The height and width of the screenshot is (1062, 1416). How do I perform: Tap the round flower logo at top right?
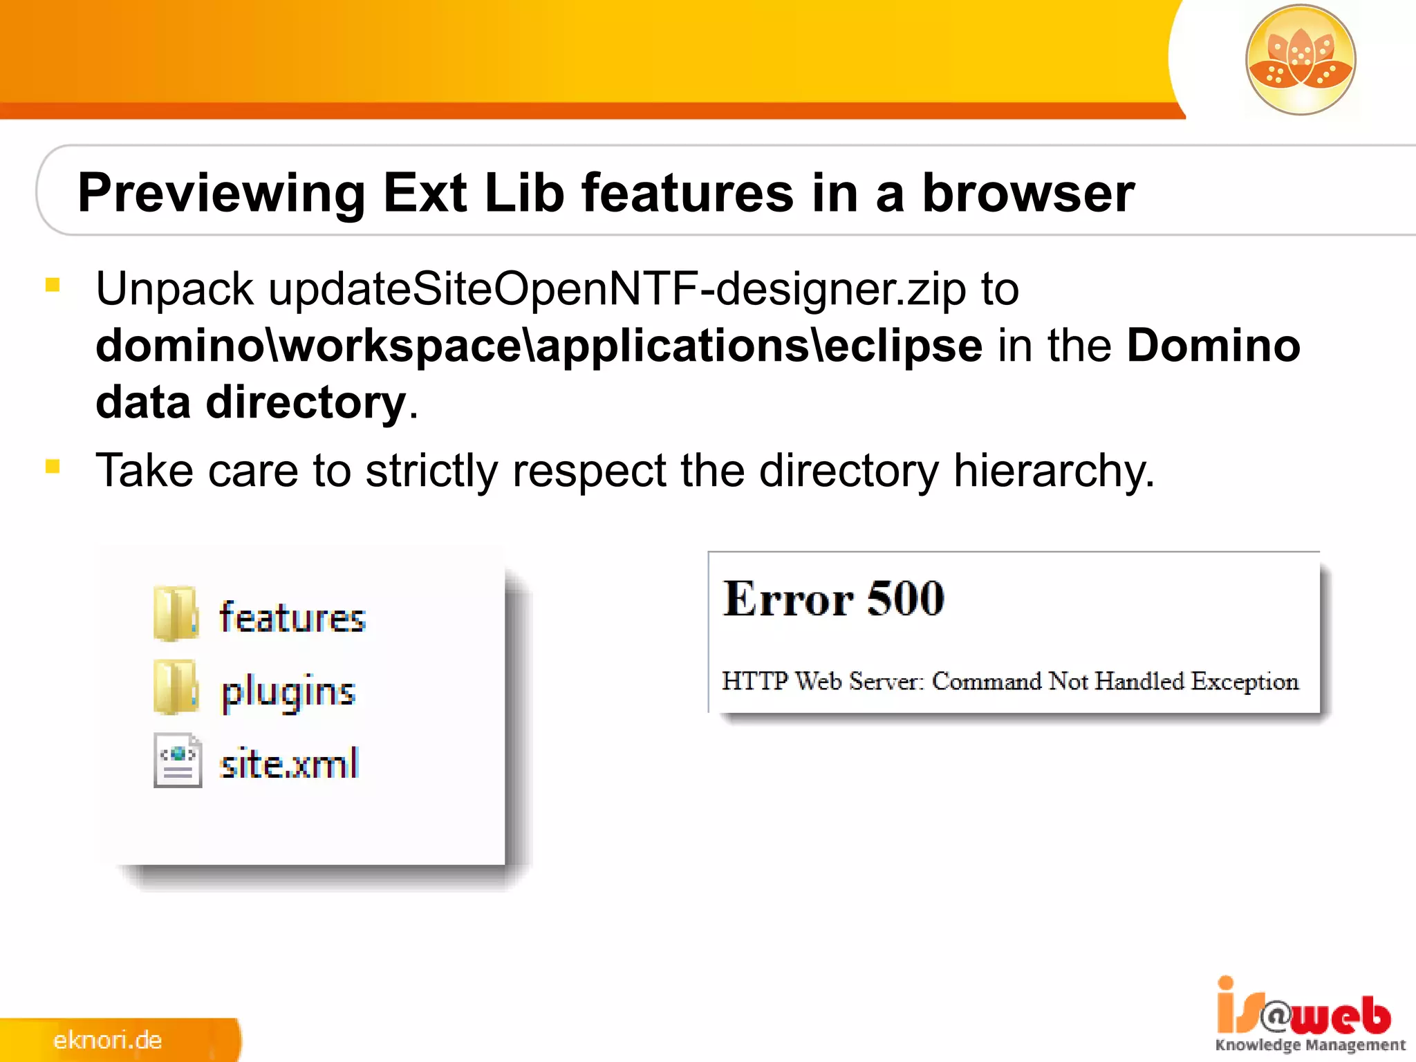point(1300,59)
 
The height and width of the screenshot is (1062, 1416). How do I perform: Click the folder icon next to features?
point(176,614)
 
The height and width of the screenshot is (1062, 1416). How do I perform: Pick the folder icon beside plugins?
point(176,688)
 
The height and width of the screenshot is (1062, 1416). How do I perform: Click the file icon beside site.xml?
point(178,761)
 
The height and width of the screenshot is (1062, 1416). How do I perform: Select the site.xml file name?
point(289,764)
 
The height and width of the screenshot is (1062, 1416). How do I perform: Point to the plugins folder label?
point(288,691)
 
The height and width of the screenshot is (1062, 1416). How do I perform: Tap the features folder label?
point(292,617)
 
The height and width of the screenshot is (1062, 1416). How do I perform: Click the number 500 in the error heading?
point(905,599)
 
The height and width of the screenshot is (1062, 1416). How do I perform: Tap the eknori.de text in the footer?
point(107,1040)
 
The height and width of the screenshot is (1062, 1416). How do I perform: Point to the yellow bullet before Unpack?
point(53,285)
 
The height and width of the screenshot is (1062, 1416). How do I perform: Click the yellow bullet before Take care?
point(53,467)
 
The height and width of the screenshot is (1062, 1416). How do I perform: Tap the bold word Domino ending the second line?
point(1213,346)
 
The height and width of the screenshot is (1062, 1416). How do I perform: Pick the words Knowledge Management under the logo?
point(1310,1045)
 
